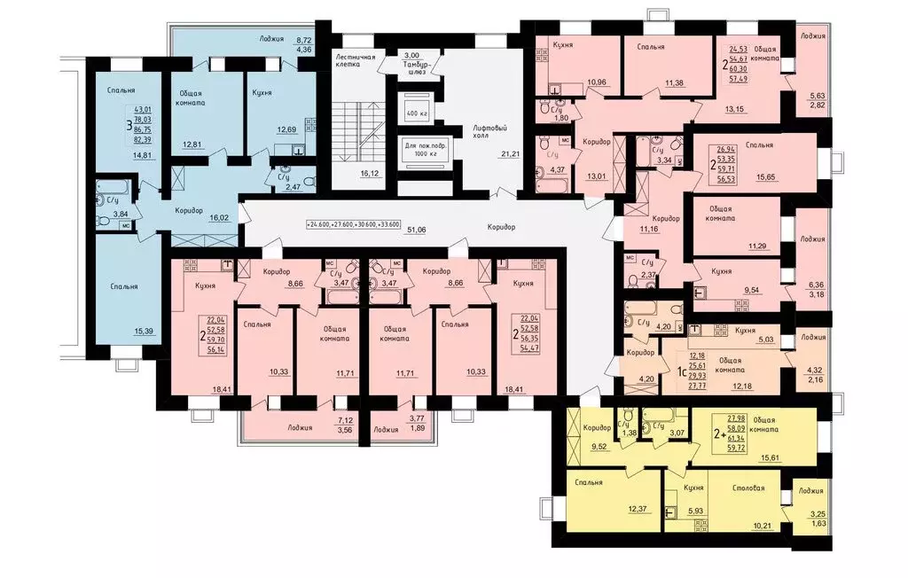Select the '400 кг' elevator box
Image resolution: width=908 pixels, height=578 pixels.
tap(415, 114)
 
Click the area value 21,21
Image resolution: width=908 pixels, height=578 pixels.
tap(510, 154)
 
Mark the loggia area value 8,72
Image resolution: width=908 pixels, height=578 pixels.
tap(303, 41)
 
